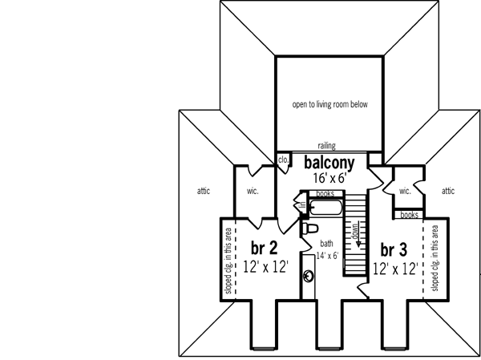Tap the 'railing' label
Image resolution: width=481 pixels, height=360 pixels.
pyautogui.click(x=325, y=146)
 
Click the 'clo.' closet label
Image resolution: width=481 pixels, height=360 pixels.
pyautogui.click(x=283, y=160)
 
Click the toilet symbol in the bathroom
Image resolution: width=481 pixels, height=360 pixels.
pyautogui.click(x=307, y=228)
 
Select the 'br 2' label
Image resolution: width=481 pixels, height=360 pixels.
pyautogui.click(x=264, y=246)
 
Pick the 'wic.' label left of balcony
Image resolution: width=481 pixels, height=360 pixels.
pyautogui.click(x=252, y=192)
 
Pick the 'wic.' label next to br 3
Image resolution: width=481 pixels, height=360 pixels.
pyautogui.click(x=405, y=191)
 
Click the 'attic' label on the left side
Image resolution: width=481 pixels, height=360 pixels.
pyautogui.click(x=204, y=191)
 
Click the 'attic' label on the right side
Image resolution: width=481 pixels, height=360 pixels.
pyautogui.click(x=447, y=191)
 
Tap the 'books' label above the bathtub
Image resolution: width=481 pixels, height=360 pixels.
pyautogui.click(x=325, y=194)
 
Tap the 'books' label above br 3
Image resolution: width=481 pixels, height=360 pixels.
pyautogui.click(x=409, y=214)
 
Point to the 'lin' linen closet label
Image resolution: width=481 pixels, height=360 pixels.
pyautogui.click(x=303, y=207)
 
